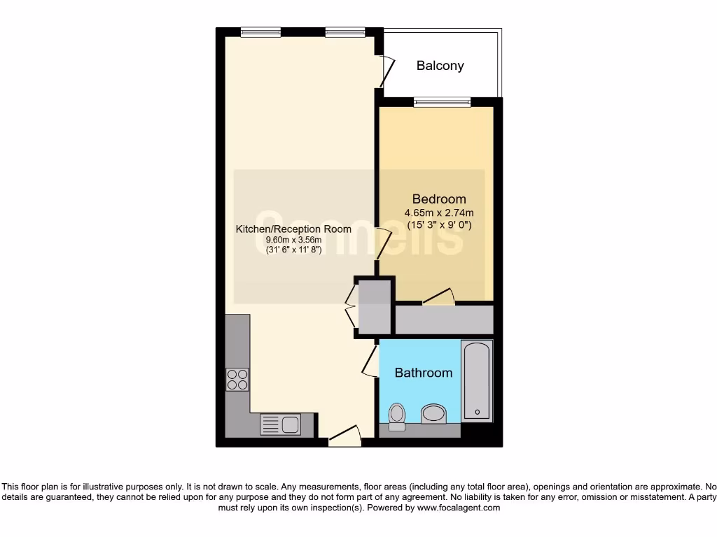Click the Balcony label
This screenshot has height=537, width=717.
point(440,66)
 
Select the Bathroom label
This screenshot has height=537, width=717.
point(423,373)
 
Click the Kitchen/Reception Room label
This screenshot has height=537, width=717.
point(293,229)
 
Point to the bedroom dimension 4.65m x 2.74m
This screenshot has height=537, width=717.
point(439,213)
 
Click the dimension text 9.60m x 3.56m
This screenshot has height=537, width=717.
point(293,240)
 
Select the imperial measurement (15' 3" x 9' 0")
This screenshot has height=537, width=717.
point(439,225)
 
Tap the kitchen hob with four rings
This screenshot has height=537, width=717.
point(237,379)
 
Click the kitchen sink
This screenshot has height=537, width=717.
point(280,424)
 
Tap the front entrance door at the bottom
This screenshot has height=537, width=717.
point(344,437)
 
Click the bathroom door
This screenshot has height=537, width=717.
point(369,361)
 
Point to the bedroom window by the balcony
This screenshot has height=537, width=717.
point(442,102)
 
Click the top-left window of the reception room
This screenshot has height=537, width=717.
point(260,31)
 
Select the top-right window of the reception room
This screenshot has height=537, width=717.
point(345,31)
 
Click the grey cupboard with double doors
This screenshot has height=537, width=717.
point(374,306)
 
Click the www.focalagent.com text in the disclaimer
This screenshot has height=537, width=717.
point(459,508)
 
